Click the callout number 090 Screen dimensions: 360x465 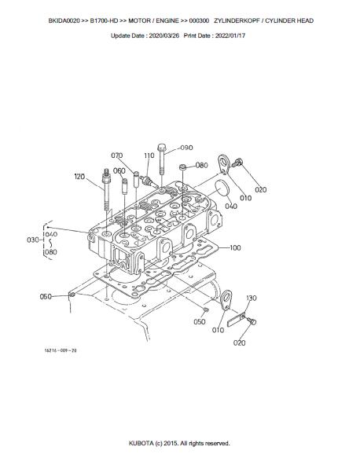186,148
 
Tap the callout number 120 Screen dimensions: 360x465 79,177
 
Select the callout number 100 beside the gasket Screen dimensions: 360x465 235,247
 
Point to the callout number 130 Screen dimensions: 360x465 252,298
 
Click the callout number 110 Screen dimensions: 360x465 149,156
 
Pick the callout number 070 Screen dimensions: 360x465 117,156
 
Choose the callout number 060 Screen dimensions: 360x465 119,170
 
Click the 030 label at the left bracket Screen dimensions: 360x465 33,240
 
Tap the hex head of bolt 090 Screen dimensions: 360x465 161,148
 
